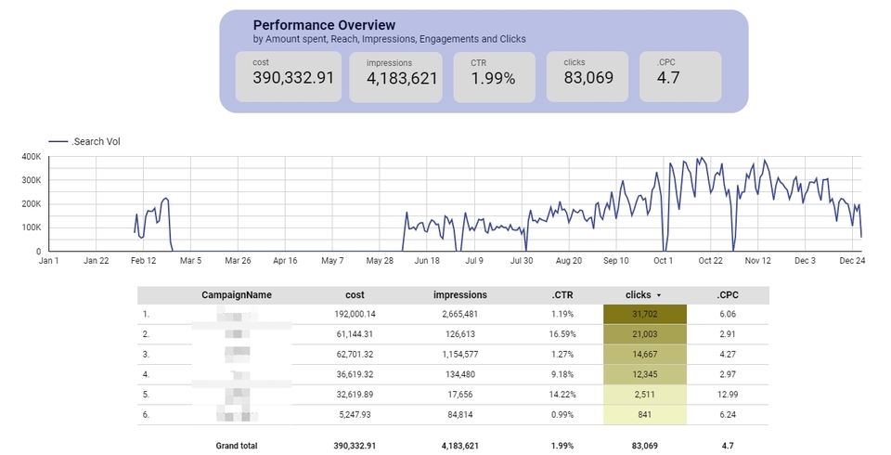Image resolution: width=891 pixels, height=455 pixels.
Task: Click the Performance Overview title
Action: pos(324,25)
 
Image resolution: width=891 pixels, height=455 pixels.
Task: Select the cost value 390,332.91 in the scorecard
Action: pos(293,78)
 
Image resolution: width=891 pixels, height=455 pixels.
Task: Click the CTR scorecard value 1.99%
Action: pos(493,78)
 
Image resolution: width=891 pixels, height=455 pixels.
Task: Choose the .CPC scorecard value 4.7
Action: pos(668,78)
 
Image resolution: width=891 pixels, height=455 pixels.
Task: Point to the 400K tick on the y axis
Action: pos(32,157)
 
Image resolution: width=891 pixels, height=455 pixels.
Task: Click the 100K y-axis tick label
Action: pos(32,227)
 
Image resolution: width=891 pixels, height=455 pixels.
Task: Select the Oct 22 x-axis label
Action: pos(711,261)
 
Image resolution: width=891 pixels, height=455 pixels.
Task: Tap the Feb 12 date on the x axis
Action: pos(143,261)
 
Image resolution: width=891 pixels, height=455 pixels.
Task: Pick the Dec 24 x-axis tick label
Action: pos(852,261)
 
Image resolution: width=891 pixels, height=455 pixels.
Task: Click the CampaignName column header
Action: pos(237,295)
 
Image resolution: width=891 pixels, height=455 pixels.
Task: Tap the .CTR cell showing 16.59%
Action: pos(561,333)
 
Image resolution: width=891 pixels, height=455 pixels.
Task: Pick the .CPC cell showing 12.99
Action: pos(728,394)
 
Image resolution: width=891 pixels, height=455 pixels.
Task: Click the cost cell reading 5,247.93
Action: pos(355,414)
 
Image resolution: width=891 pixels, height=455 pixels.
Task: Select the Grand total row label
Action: pos(238,446)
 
